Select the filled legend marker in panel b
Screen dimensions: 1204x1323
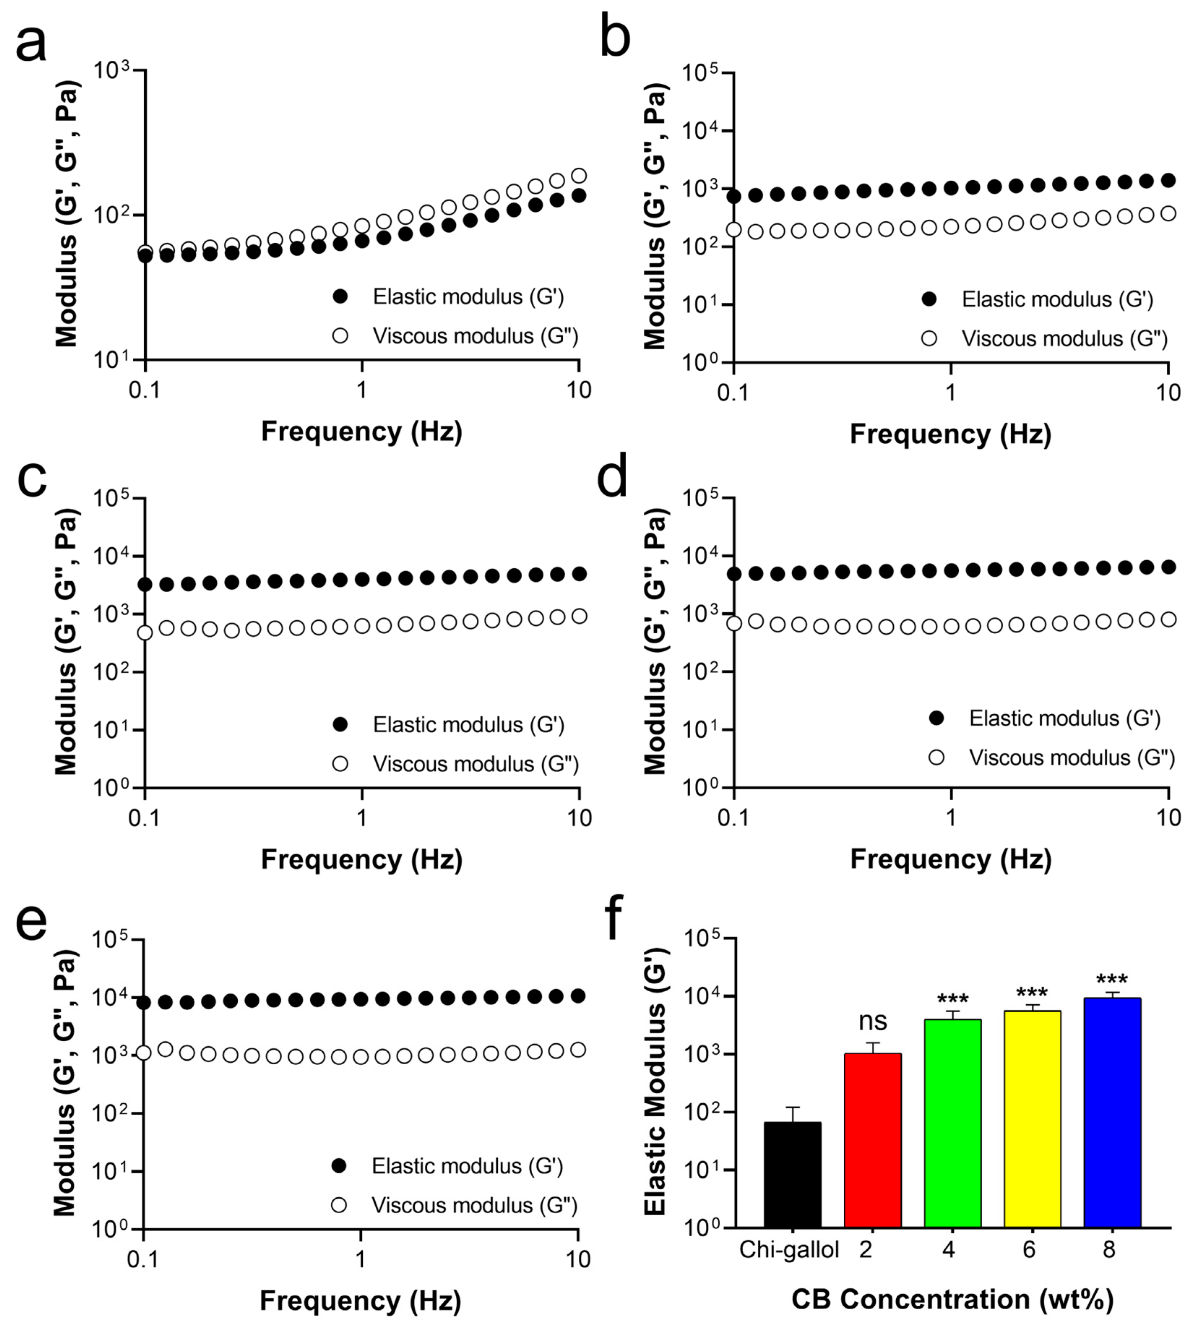pos(929,299)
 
